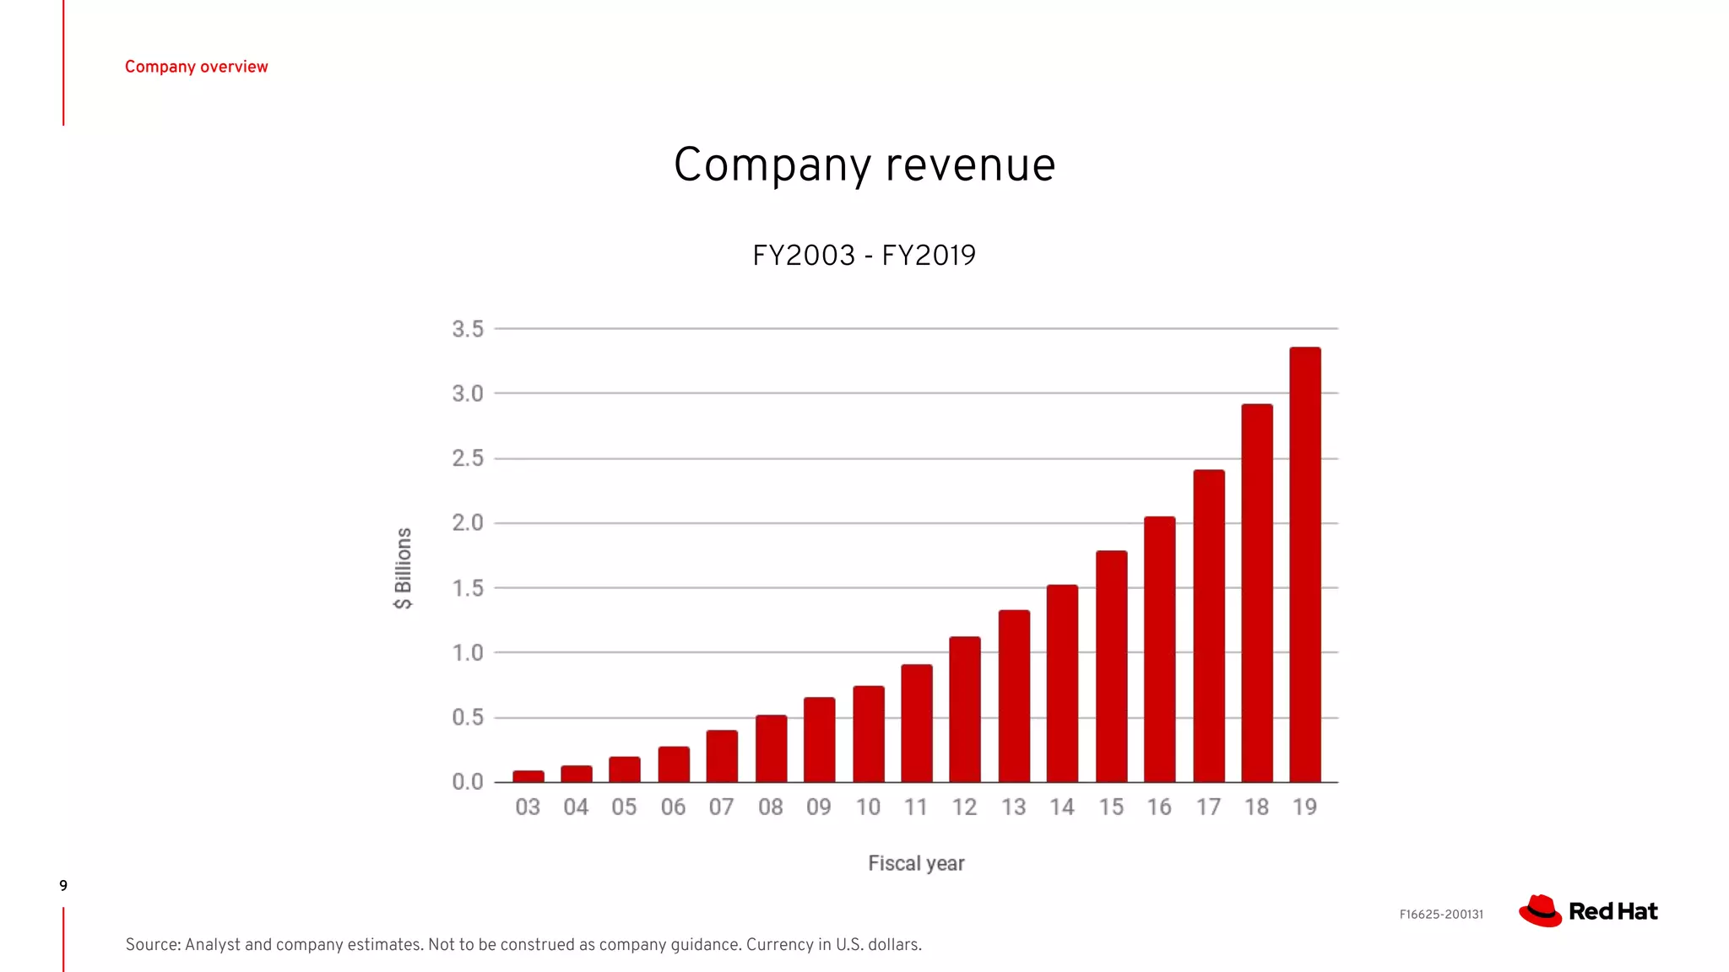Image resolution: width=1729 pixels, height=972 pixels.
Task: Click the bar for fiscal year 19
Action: tap(1305, 565)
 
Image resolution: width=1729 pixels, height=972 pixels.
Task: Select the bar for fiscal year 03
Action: tap(528, 776)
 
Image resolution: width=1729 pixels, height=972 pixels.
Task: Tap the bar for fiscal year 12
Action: tap(965, 710)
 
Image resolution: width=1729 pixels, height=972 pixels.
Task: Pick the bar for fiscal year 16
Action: tap(1160, 650)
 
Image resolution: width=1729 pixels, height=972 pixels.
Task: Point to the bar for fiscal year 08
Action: tap(771, 749)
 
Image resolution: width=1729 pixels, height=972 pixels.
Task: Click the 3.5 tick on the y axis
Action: tap(468, 329)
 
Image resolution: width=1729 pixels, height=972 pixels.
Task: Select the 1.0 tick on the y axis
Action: tap(468, 653)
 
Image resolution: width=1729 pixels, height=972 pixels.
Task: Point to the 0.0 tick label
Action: tap(468, 782)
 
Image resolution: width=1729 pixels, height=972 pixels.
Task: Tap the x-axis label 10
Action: tap(868, 807)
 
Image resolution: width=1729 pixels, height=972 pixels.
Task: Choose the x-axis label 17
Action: tap(1208, 807)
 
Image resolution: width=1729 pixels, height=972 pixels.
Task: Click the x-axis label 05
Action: tap(625, 807)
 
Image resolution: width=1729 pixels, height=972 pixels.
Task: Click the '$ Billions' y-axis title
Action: tap(404, 568)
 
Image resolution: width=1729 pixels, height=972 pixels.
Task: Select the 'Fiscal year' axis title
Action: tap(916, 863)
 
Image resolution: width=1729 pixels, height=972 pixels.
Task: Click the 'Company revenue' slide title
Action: tap(864, 165)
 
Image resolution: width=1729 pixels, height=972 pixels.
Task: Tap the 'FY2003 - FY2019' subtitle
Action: tap(864, 255)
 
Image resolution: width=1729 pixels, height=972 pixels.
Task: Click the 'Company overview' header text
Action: tap(196, 67)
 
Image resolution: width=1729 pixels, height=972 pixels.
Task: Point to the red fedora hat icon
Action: tap(1540, 911)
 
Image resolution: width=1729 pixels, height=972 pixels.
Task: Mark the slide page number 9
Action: tap(63, 885)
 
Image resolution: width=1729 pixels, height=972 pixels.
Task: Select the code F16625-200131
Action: tap(1441, 915)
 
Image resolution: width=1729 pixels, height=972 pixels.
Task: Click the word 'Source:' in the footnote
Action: tap(153, 945)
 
